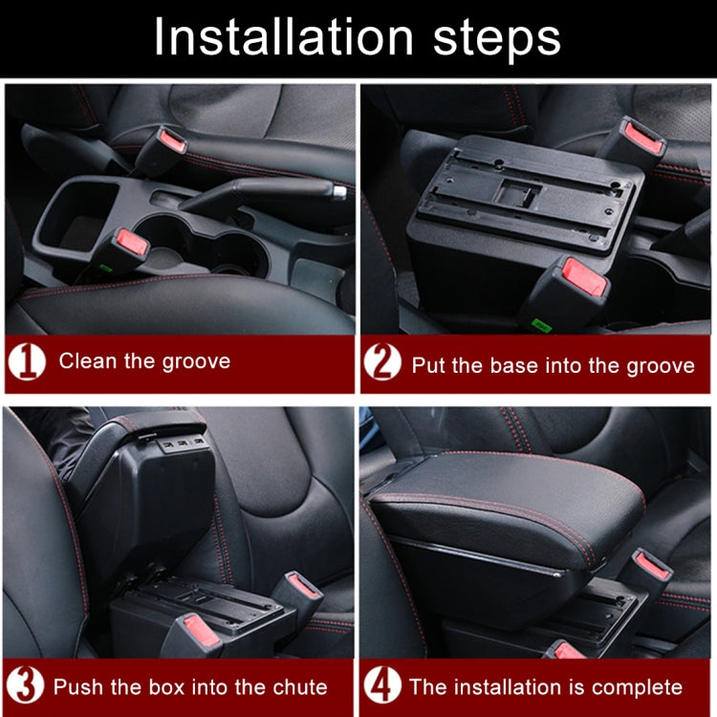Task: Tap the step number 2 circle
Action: pos(382,364)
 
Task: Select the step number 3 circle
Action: pos(27,686)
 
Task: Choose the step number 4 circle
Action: pos(382,686)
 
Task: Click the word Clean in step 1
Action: pos(85,361)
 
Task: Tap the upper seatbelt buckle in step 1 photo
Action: pos(164,143)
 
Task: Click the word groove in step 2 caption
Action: pos(662,365)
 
